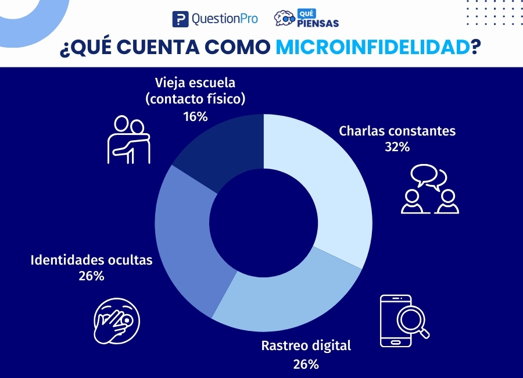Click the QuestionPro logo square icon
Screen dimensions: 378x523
(181, 19)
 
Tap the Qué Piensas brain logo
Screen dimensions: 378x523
(284, 19)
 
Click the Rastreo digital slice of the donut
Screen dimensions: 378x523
(285, 297)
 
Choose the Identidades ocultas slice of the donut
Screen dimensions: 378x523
(183, 238)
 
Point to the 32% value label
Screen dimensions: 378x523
(397, 147)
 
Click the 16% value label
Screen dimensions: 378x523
(195, 116)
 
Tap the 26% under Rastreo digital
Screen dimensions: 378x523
(306, 365)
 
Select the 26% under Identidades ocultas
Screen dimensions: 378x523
(91, 276)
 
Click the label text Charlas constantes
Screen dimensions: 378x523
(397, 131)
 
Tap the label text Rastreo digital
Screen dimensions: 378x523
(306, 346)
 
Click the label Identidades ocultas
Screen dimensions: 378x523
(91, 260)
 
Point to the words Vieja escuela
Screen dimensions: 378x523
(195, 82)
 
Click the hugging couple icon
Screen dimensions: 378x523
(129, 140)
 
